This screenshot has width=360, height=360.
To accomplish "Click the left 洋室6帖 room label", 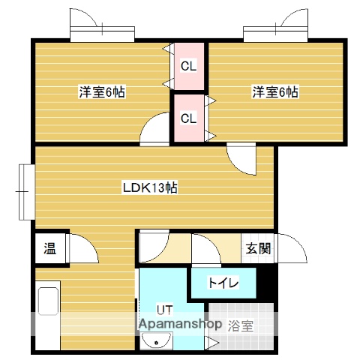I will [103, 92].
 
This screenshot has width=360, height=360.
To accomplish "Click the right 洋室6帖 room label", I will [275, 92].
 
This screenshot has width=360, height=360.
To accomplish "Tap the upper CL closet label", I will [189, 66].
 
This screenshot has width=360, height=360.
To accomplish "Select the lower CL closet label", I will [189, 118].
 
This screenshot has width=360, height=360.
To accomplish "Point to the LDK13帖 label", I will [150, 188].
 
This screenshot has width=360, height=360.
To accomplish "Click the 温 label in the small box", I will [49, 247].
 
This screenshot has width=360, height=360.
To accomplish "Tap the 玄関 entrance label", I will [256, 249].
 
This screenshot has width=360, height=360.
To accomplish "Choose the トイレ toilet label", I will [223, 283].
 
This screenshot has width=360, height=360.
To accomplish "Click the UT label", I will [165, 309].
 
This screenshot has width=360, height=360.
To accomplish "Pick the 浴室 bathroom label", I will [241, 325].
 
